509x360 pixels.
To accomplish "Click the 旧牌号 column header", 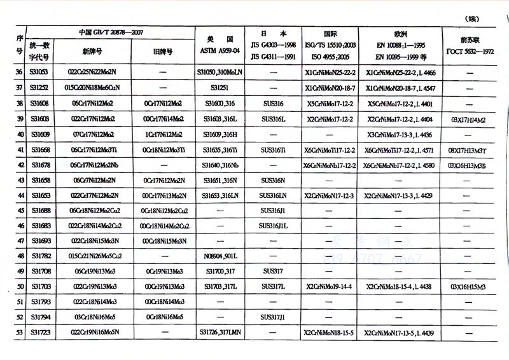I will [x=163, y=52].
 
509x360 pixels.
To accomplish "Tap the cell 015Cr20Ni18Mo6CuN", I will [x=94, y=88].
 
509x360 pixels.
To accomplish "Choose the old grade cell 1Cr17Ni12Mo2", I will [x=163, y=134].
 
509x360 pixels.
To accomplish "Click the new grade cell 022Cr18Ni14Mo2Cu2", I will [x=94, y=226].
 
